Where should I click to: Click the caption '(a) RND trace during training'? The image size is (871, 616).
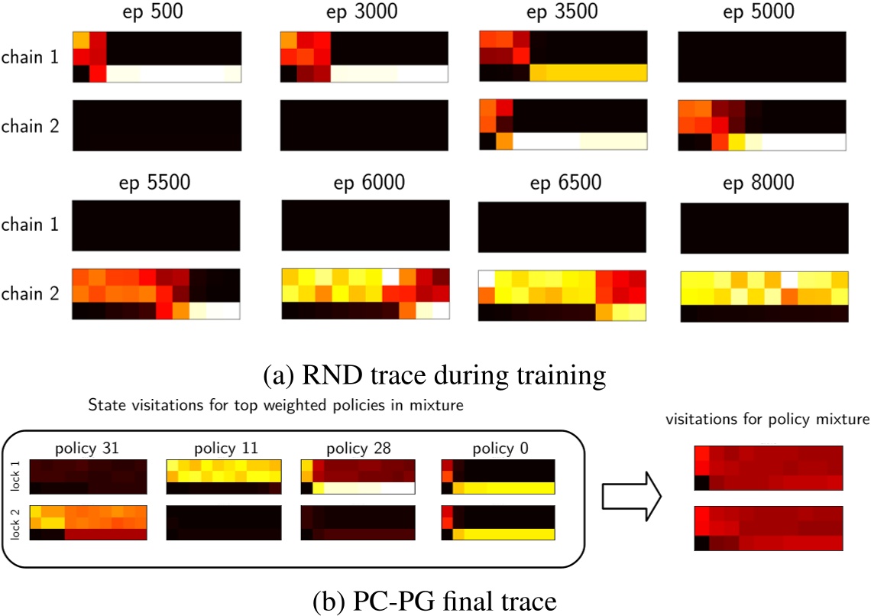pyautogui.click(x=434, y=374)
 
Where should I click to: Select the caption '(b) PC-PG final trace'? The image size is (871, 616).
pyautogui.click(x=434, y=601)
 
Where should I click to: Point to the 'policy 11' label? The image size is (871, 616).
pyautogui.click(x=225, y=446)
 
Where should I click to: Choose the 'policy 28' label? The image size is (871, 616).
pyautogui.click(x=358, y=446)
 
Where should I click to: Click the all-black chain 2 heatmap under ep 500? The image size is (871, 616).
pyautogui.click(x=157, y=125)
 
